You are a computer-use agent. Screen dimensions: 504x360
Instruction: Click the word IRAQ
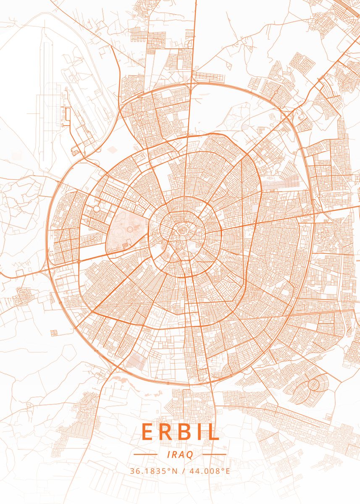click(180, 454)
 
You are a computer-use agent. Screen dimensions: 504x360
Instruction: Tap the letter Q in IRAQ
click(190, 455)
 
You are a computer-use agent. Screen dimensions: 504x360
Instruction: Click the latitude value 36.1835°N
click(153, 470)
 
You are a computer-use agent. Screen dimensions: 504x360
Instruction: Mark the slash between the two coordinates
click(183, 470)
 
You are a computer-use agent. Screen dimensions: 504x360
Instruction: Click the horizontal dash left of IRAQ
click(145, 454)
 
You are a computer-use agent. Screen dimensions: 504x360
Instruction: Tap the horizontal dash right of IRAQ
click(215, 454)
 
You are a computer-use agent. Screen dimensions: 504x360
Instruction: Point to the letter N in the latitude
click(175, 470)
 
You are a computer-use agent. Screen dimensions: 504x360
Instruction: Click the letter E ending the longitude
click(228, 470)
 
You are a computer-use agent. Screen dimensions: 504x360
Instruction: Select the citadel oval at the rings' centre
click(182, 229)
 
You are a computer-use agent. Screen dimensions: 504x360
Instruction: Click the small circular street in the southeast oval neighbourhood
click(313, 384)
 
